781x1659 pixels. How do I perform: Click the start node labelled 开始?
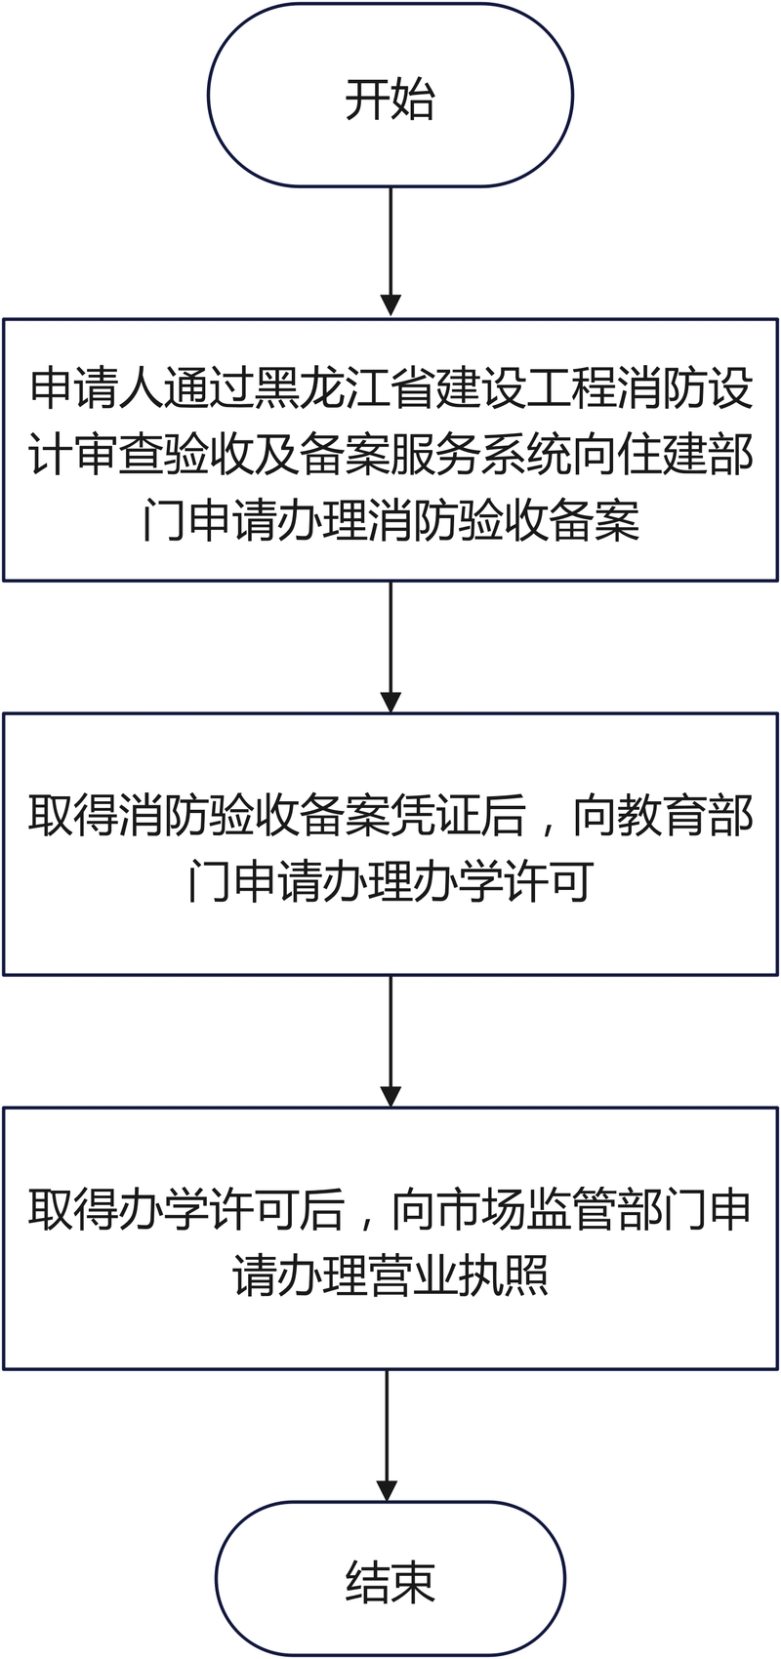[390, 96]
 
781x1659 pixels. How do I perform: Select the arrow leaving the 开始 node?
[390, 252]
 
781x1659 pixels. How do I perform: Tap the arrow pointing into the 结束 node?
[387, 1436]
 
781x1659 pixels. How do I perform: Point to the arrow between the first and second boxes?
[390, 647]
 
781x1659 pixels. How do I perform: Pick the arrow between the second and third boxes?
[390, 1041]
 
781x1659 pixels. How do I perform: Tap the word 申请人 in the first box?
[97, 387]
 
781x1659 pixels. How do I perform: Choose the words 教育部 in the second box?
[684, 816]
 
